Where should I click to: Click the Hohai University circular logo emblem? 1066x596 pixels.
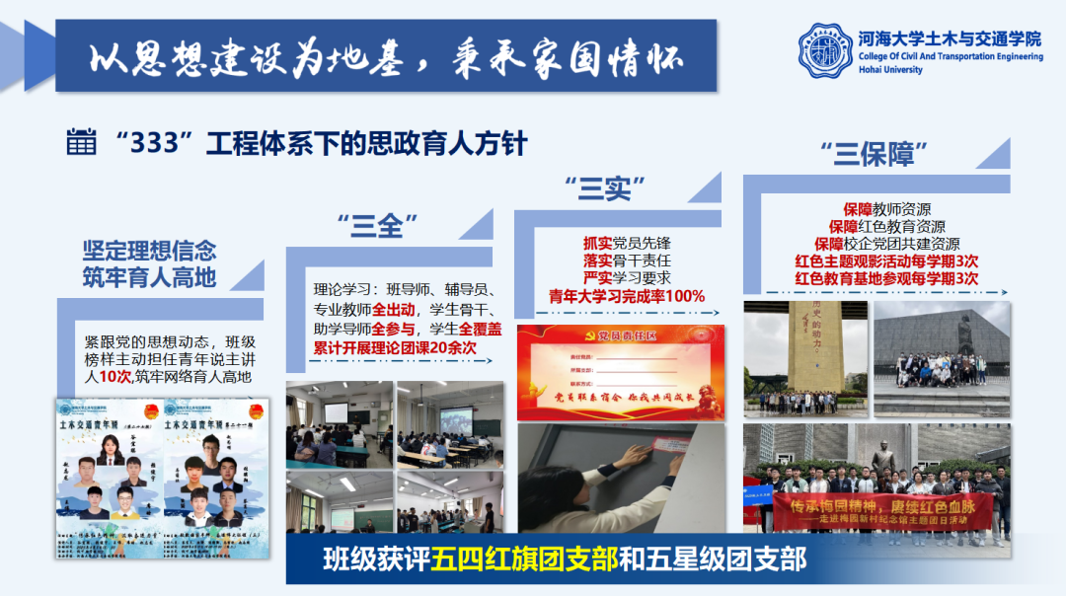(x=825, y=51)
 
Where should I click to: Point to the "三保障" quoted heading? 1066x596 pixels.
(x=875, y=154)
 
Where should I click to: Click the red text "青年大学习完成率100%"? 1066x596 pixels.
(x=627, y=296)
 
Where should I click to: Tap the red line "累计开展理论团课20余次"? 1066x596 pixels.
(x=395, y=348)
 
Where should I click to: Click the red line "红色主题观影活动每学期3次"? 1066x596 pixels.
(x=886, y=261)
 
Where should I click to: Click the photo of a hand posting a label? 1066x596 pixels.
(x=621, y=478)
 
